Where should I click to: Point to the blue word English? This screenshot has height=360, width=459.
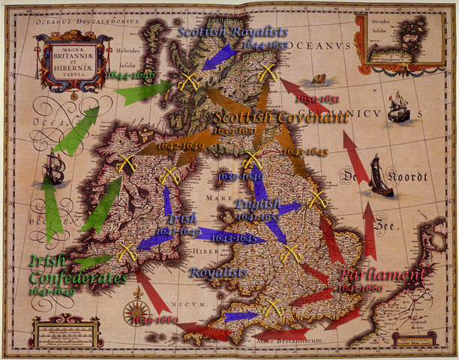tap(257, 204)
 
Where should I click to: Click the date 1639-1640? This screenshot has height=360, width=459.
tap(240, 175)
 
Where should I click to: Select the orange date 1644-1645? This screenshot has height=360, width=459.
tap(304, 151)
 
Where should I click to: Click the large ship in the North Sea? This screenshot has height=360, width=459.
tap(380, 178)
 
